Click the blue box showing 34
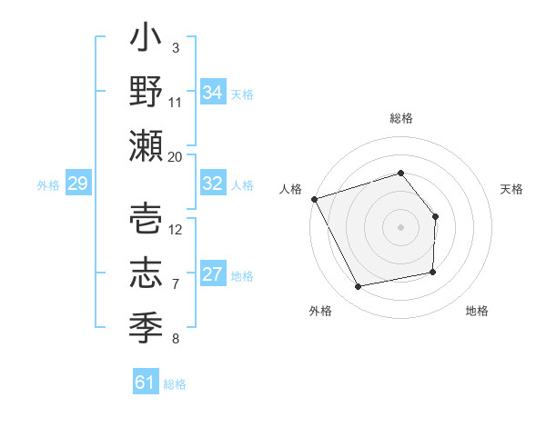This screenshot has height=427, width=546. [x=213, y=92]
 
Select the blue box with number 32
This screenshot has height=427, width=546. [x=213, y=183]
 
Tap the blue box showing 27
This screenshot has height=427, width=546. [x=213, y=274]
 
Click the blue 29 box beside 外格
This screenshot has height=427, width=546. [x=77, y=184]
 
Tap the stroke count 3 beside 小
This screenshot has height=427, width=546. [x=175, y=47]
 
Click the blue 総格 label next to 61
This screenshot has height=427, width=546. [x=175, y=384]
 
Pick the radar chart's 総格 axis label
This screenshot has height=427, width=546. [x=401, y=119]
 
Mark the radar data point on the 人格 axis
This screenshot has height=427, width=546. [x=315, y=198]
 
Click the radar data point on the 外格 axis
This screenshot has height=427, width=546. [x=359, y=287]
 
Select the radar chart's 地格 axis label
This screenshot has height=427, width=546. [x=477, y=311]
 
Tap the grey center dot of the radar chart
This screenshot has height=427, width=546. [x=400, y=227]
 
